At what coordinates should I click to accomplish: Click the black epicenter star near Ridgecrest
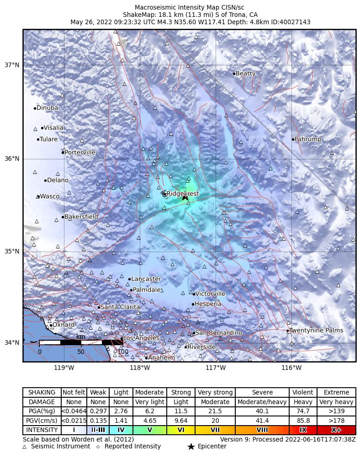click(185, 197)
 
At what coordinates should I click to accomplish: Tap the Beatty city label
click(245, 74)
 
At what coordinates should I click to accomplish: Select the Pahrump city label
click(307, 139)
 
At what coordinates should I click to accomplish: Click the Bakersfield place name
click(81, 217)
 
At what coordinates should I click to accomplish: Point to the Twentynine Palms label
click(316, 331)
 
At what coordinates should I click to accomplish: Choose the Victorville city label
click(210, 294)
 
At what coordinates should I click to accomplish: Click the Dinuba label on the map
click(47, 108)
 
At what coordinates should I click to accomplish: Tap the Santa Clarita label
click(120, 307)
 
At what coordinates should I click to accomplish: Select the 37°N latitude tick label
click(11, 65)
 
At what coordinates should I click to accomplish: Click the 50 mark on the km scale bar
click(81, 352)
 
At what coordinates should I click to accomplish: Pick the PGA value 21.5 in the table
click(215, 411)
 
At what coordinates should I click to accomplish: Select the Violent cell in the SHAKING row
click(302, 392)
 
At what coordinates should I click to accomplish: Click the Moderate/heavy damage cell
click(262, 402)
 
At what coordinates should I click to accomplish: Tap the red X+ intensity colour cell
click(336, 430)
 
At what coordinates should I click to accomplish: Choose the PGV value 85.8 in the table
click(302, 421)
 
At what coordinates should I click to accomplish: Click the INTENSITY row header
click(42, 430)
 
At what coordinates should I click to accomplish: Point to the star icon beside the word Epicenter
click(191, 447)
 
